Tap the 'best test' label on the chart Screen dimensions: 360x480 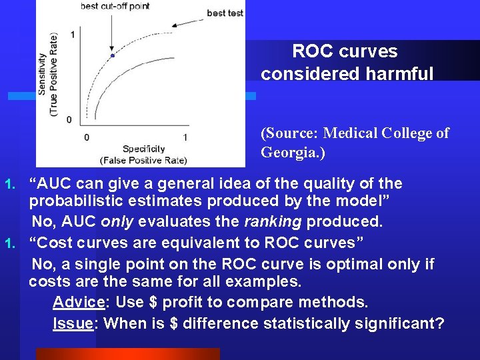pos(225,13)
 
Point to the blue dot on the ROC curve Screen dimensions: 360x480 pos(112,55)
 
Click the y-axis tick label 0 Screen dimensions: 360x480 pos(70,120)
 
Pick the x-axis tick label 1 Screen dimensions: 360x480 pos(185,137)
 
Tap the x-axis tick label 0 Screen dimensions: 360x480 pos(86,137)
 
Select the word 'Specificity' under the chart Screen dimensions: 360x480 pos(143,149)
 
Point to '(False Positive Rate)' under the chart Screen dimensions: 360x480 pos(143,160)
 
